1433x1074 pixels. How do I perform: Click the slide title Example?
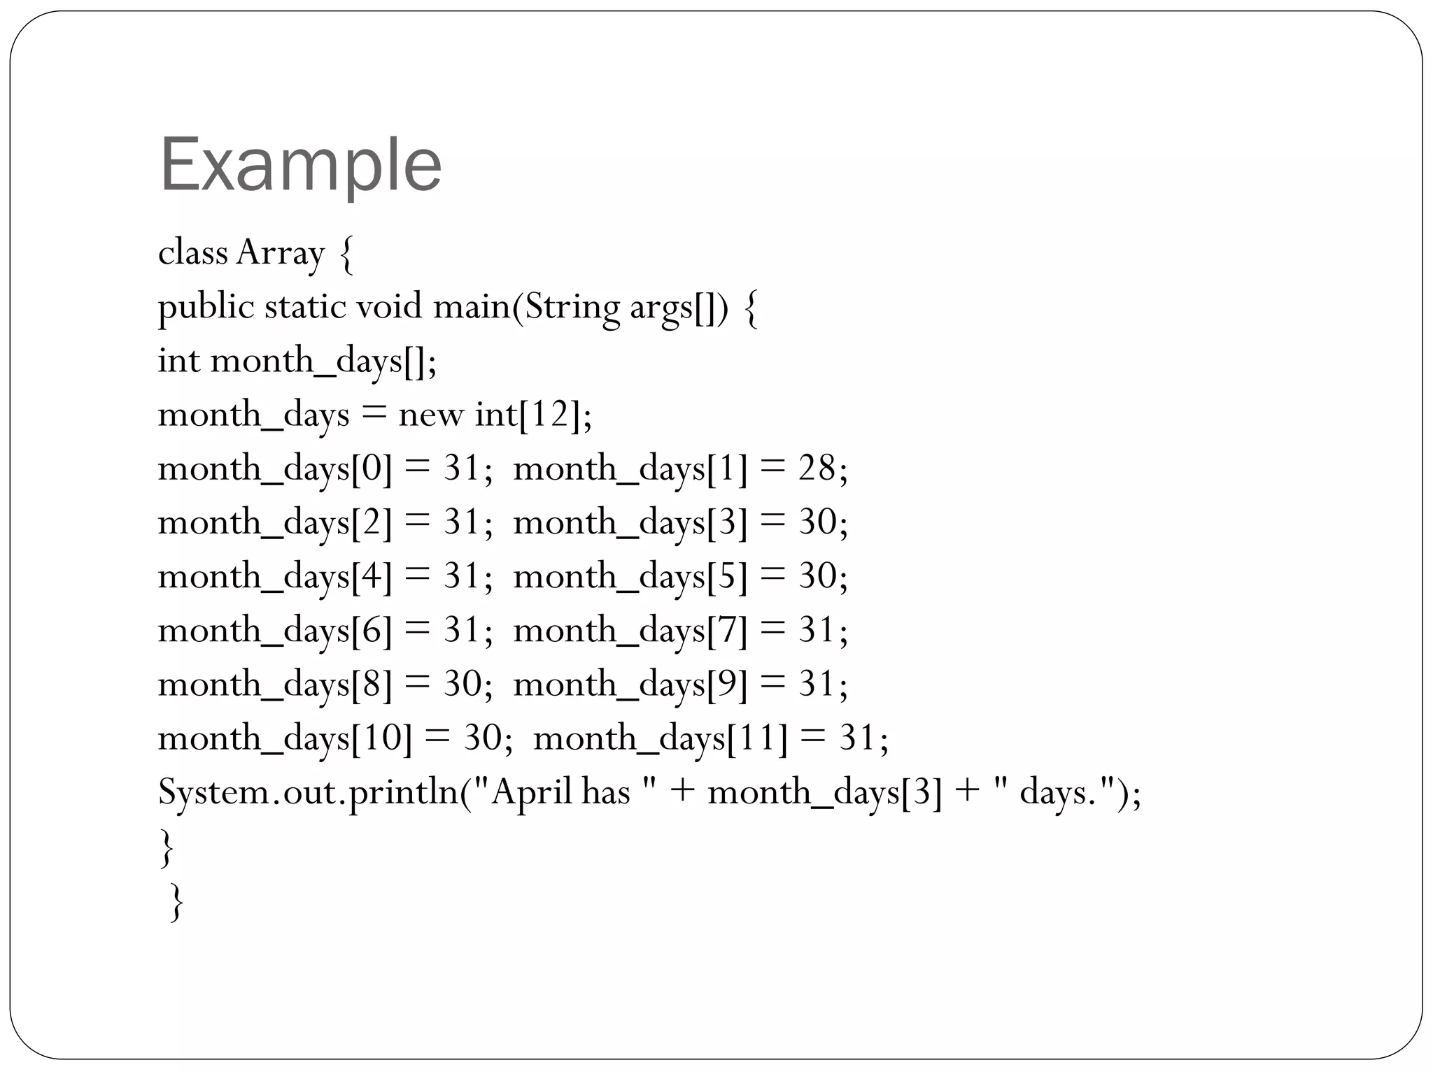pyautogui.click(x=301, y=166)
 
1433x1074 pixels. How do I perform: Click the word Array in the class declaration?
pyautogui.click(x=281, y=253)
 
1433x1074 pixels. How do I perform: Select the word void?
pyautogui.click(x=389, y=307)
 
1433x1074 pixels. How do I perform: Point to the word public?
pyautogui.click(x=206, y=308)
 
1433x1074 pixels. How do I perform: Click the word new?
pyautogui.click(x=430, y=415)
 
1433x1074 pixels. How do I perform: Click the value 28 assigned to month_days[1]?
pyautogui.click(x=817, y=468)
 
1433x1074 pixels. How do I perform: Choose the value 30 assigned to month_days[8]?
pyautogui.click(x=463, y=684)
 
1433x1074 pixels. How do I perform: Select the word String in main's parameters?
pyautogui.click(x=572, y=308)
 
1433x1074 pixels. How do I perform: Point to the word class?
pyautogui.click(x=193, y=253)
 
